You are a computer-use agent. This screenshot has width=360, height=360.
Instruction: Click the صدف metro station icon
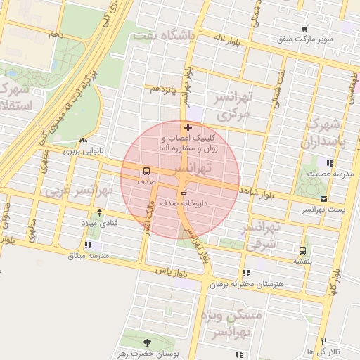coord(146,171)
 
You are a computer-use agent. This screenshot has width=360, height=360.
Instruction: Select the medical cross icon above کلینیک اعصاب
coord(187,127)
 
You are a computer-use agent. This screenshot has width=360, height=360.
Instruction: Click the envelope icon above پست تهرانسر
coord(323,199)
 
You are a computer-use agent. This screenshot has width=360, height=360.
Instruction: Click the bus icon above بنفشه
coord(302,250)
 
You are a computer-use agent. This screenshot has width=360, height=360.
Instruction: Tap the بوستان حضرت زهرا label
coord(147,354)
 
